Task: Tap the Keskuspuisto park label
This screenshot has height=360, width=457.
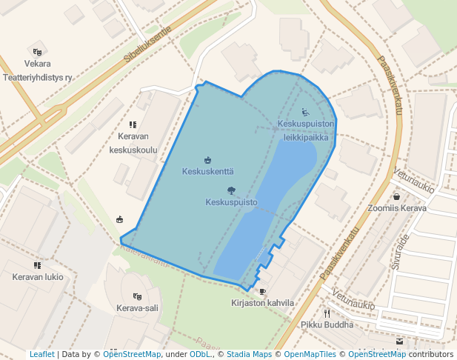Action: tap(231, 201)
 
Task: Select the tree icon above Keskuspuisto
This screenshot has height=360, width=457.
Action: tap(231, 190)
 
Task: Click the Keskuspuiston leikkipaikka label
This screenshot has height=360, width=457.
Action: tap(307, 130)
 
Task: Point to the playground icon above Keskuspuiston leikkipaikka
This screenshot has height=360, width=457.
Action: tap(306, 113)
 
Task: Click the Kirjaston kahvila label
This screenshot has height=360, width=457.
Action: tap(263, 303)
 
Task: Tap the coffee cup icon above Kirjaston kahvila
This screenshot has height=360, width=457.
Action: tap(262, 292)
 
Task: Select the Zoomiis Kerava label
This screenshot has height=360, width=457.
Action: tap(397, 208)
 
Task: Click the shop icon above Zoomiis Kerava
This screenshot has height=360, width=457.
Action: tap(397, 197)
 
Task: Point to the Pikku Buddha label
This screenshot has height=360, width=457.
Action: tap(326, 324)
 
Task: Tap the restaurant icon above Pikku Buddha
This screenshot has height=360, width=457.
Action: tap(326, 313)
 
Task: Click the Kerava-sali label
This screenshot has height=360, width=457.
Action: tap(137, 307)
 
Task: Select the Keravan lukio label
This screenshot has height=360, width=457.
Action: tap(38, 277)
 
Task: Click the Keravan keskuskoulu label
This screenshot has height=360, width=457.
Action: tap(133, 142)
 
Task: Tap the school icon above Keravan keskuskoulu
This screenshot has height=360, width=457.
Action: tap(133, 125)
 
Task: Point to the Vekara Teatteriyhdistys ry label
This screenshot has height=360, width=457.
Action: tap(38, 70)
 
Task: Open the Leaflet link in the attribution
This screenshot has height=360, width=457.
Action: tap(41, 355)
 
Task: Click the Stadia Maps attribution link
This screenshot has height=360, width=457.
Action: tap(249, 355)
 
